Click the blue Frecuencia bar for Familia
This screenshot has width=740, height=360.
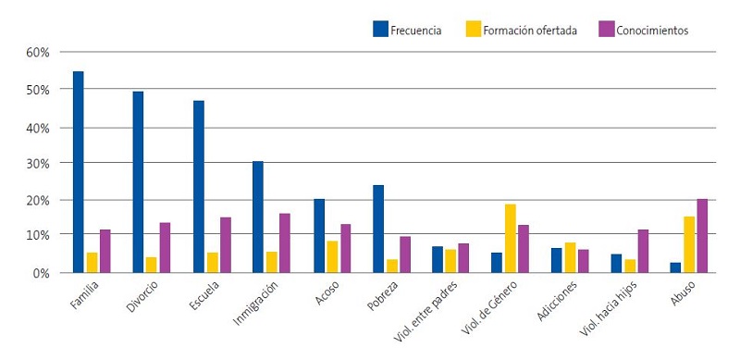79,172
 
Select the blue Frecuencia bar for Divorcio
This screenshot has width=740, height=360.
138,182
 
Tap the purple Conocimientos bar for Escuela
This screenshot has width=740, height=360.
225,245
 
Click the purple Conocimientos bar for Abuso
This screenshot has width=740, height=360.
702,236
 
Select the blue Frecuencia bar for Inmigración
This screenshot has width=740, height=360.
258,217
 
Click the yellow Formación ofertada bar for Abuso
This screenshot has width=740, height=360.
689,245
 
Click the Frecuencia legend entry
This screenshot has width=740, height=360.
408,30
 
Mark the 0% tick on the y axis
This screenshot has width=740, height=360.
41,273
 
